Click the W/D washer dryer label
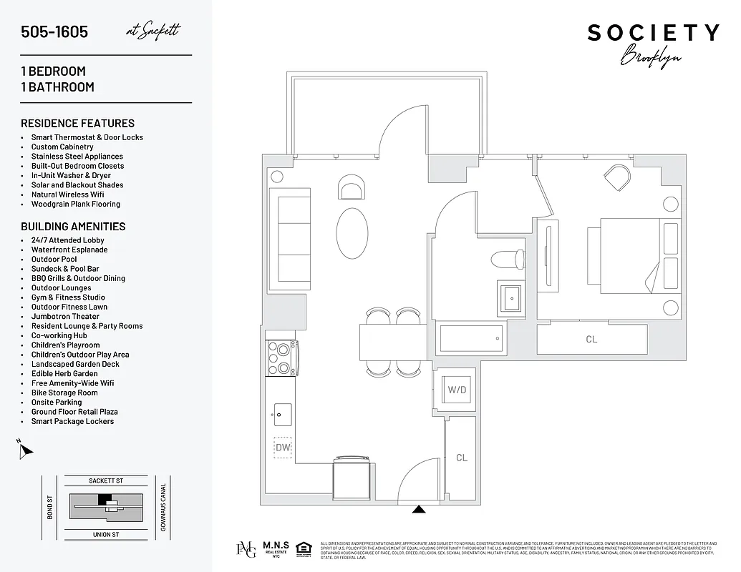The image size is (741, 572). pyautogui.click(x=457, y=390)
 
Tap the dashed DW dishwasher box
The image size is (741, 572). pyautogui.click(x=283, y=448)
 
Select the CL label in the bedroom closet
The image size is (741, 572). pyautogui.click(x=591, y=339)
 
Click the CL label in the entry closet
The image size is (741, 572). pyautogui.click(x=462, y=458)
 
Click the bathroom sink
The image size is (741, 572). pyautogui.click(x=511, y=296)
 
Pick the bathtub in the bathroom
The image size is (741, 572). pyautogui.click(x=470, y=338)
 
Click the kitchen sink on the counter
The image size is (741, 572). pyautogui.click(x=282, y=413)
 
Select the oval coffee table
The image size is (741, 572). pyautogui.click(x=353, y=233)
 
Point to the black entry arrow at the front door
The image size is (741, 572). pyautogui.click(x=419, y=509)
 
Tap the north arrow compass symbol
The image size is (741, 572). pyautogui.click(x=26, y=450)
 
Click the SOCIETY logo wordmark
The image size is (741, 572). pyautogui.click(x=653, y=33)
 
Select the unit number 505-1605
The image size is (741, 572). pyautogui.click(x=54, y=32)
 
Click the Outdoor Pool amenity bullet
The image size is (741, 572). pyautogui.click(x=54, y=260)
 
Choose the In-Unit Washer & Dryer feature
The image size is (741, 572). pyautogui.click(x=71, y=175)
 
